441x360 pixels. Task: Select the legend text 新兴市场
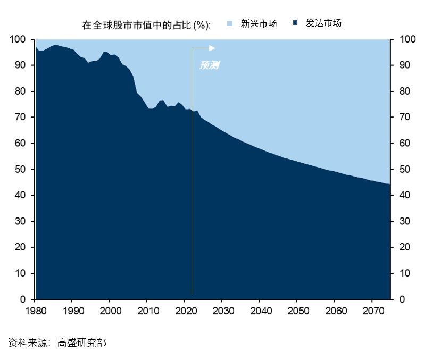pyautogui.click(x=259, y=23)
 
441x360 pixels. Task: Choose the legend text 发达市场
pyautogui.click(x=323, y=23)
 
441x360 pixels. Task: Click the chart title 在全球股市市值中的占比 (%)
pyautogui.click(x=146, y=25)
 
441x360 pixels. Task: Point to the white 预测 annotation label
pyautogui.click(x=209, y=65)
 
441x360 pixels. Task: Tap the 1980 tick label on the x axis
pyautogui.click(x=35, y=311)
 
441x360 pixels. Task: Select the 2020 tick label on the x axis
pyautogui.click(x=184, y=311)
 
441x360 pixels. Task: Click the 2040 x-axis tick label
pyautogui.click(x=259, y=311)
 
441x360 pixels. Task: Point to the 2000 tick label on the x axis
pyautogui.click(x=109, y=311)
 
